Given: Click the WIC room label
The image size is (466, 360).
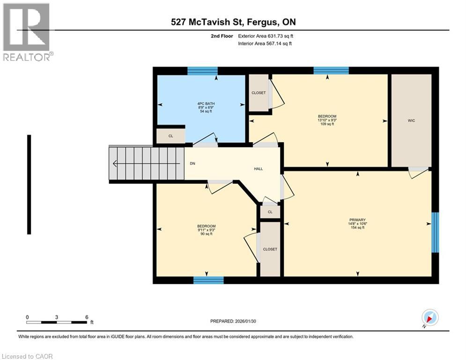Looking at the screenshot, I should click(x=411, y=120).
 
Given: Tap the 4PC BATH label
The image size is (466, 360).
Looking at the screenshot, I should click(x=206, y=104).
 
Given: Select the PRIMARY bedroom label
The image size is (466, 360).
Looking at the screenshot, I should click(x=357, y=220).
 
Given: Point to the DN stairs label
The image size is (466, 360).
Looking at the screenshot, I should click(x=192, y=164).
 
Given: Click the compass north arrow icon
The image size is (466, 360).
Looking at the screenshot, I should click(x=429, y=317).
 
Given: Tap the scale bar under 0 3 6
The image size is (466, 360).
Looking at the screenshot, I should click(x=57, y=322).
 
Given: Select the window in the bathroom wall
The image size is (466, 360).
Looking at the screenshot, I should click(x=202, y=71).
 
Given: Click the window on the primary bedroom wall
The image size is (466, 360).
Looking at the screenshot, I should click(x=435, y=232).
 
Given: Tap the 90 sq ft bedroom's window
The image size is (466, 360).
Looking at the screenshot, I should click(x=208, y=280).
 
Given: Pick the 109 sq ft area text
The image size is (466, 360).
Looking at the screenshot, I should click(x=327, y=124).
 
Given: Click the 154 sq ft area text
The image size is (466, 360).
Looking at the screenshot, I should click(x=357, y=228).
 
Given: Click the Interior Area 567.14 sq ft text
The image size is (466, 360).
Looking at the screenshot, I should click(x=265, y=44).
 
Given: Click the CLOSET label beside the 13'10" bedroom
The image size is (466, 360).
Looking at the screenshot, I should click(x=259, y=93).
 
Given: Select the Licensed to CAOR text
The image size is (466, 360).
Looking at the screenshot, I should click(x=27, y=356).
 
